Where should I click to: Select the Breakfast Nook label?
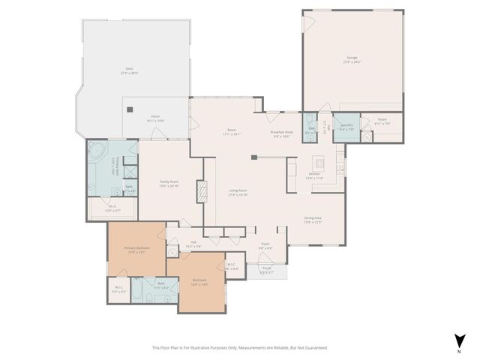[281, 134]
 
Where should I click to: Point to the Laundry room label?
[346, 127]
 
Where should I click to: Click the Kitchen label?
[314, 175]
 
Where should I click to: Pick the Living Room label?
[238, 192]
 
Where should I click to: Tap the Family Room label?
[169, 183]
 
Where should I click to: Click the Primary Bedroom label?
[137, 250]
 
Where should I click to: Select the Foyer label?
[265, 245]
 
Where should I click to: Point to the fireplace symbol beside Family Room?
[200, 191]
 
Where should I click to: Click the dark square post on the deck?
[130, 109]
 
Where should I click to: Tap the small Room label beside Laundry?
[382, 121]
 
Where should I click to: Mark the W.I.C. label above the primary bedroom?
[112, 208]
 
